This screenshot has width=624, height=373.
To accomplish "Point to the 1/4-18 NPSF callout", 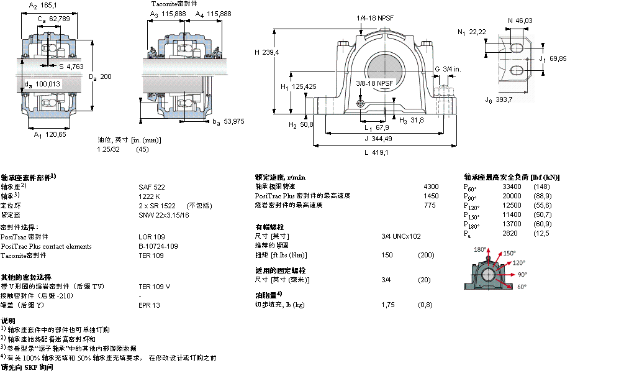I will point(374,18).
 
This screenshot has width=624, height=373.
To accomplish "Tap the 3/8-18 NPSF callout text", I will point(375,83).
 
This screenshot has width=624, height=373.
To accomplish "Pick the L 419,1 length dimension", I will point(376,152).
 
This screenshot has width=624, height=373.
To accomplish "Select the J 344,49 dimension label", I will point(378,139).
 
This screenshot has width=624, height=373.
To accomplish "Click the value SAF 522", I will point(151,186).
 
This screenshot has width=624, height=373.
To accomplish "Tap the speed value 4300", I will point(430,186).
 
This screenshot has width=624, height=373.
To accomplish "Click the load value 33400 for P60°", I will point(512,186).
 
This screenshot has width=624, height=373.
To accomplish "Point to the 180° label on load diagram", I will point(480,249).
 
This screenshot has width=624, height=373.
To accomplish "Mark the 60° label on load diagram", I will point(522,287).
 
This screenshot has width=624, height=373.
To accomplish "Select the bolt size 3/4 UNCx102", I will point(400,236).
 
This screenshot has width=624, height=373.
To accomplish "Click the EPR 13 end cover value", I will point(149,305).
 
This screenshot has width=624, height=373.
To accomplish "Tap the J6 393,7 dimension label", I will point(499,99).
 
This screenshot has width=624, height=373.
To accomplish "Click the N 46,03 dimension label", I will point(520,21).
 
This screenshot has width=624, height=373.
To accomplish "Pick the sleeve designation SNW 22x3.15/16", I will point(164,215).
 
